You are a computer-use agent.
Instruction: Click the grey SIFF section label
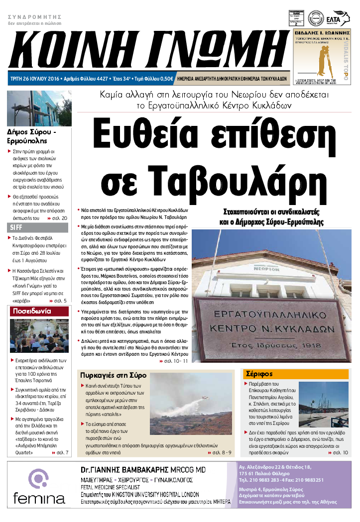click(16, 228)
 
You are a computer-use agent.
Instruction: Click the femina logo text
click(39, 498)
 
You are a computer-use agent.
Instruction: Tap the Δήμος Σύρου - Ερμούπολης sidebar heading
click(31, 136)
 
